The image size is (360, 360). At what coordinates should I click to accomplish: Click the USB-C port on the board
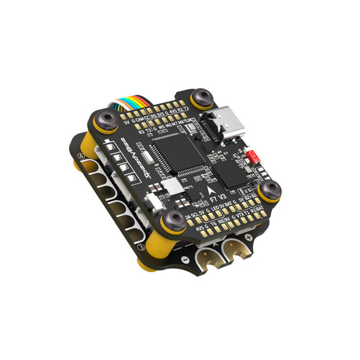225,124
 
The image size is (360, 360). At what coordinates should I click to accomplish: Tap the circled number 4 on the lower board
81,156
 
